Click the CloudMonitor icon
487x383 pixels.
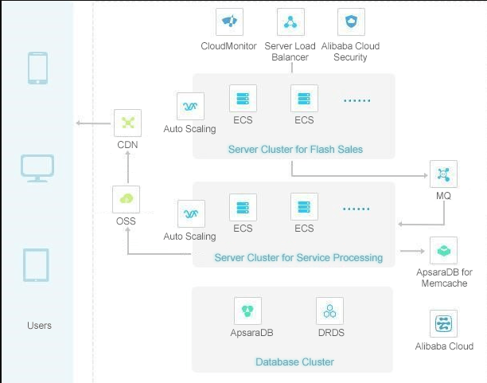[229, 21]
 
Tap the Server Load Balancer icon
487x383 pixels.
[290, 21]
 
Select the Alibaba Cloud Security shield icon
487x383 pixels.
[351, 21]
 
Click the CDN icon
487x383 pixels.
[127, 123]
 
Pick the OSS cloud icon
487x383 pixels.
[127, 199]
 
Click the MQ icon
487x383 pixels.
[443, 174]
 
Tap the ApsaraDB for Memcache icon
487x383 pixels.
[443, 250]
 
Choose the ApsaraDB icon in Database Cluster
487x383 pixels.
[247, 311]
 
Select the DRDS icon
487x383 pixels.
[329, 311]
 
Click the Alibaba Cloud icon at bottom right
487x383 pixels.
[443, 324]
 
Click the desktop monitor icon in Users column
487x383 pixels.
[37, 167]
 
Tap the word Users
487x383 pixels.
[39, 325]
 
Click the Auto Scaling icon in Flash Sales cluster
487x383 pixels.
[190, 106]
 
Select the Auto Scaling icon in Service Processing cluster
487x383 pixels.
[190, 213]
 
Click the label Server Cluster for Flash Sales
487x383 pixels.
[295, 149]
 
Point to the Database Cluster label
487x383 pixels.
[294, 362]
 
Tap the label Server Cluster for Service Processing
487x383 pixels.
[298, 257]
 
